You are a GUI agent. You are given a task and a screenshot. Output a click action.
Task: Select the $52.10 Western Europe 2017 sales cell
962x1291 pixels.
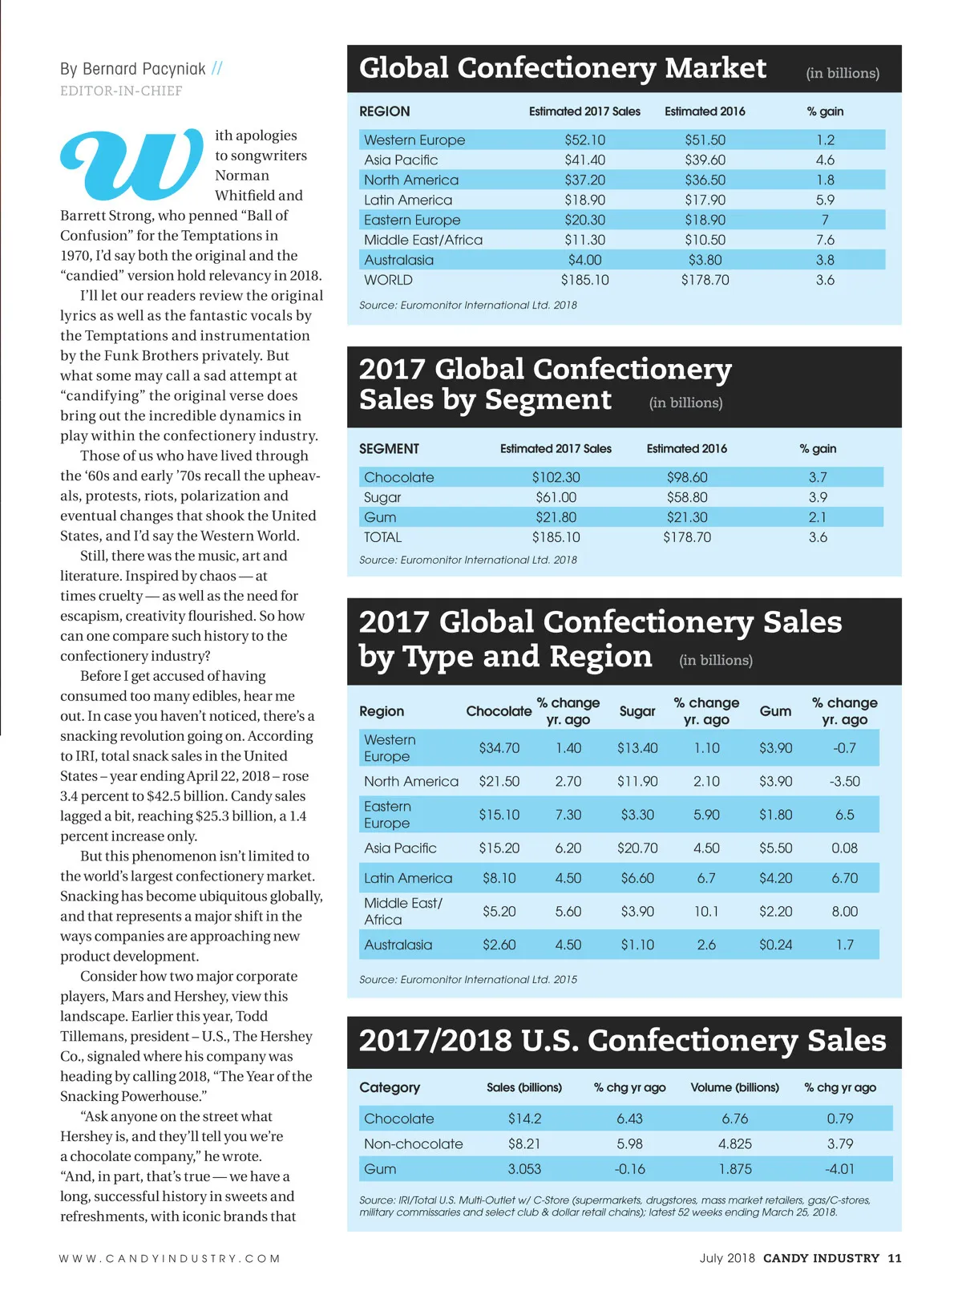[584, 140]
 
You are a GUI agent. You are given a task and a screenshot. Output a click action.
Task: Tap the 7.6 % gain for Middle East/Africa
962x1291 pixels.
[825, 240]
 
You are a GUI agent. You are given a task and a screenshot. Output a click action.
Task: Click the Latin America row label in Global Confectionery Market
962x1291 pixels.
[407, 200]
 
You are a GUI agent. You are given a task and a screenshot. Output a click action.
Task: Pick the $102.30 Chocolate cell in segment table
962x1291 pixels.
[556, 477]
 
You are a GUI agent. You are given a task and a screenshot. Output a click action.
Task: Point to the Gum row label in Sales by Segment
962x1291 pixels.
[380, 517]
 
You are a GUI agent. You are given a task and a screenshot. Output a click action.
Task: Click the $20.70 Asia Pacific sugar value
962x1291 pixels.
[637, 848]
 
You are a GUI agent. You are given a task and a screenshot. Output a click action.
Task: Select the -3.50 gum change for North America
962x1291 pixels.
[844, 781]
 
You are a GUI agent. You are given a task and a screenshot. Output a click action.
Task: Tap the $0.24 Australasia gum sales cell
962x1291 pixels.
[775, 945]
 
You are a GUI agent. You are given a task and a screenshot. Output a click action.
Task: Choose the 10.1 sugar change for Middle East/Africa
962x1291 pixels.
[706, 911]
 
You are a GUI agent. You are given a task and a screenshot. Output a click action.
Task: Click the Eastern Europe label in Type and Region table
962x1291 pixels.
[387, 815]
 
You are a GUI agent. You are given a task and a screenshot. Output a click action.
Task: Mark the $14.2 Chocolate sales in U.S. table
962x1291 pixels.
[524, 1119]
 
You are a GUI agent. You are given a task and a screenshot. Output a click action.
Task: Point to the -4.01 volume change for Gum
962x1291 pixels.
[839, 1169]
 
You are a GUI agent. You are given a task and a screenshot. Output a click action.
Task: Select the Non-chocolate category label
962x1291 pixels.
[413, 1143]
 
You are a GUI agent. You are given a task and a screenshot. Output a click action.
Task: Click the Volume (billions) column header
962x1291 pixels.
[734, 1087]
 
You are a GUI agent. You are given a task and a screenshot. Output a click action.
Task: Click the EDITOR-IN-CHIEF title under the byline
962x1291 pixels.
[121, 91]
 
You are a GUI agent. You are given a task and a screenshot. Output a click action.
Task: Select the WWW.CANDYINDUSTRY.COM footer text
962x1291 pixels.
[169, 1258]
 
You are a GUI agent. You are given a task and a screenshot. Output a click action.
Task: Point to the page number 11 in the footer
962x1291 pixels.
[894, 1258]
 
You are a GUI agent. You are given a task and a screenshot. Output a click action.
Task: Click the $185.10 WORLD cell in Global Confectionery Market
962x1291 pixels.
[584, 280]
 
